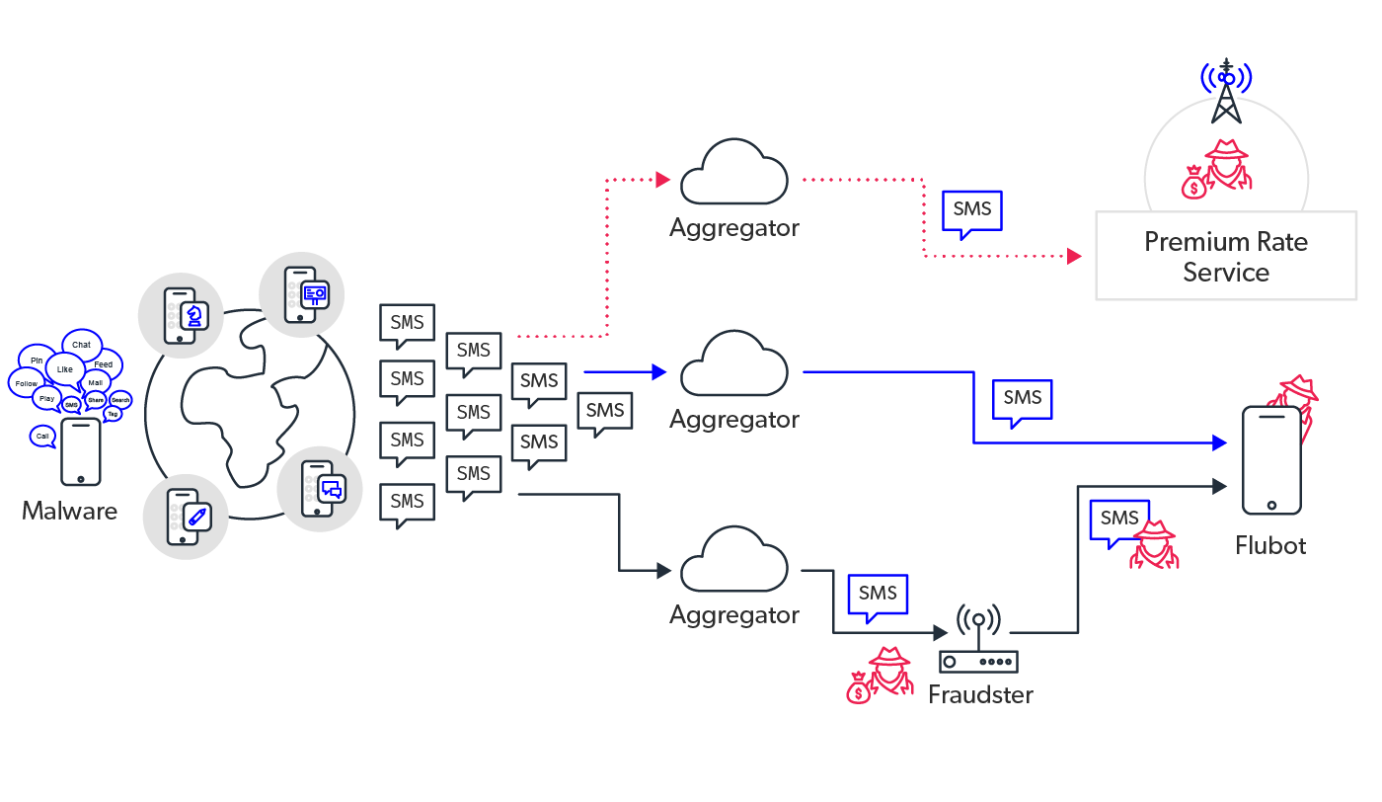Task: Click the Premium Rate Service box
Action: click(x=1225, y=257)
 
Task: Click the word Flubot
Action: click(x=1270, y=545)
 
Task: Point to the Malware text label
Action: click(x=69, y=511)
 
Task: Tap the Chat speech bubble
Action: click(x=82, y=344)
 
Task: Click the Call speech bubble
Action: click(x=41, y=436)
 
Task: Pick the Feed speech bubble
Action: click(x=104, y=364)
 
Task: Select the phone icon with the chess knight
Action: click(x=182, y=316)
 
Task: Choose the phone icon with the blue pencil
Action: click(x=186, y=517)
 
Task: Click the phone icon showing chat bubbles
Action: click(x=319, y=488)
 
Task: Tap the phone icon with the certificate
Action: click(x=301, y=294)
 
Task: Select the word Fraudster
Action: click(x=980, y=694)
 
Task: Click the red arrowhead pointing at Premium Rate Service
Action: click(x=1074, y=257)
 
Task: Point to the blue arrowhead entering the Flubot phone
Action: click(x=1220, y=443)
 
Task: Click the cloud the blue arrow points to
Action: click(x=734, y=366)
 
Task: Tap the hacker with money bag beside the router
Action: click(x=879, y=676)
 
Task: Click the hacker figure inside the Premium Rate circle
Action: click(x=1219, y=168)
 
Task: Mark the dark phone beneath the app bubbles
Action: click(x=81, y=451)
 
